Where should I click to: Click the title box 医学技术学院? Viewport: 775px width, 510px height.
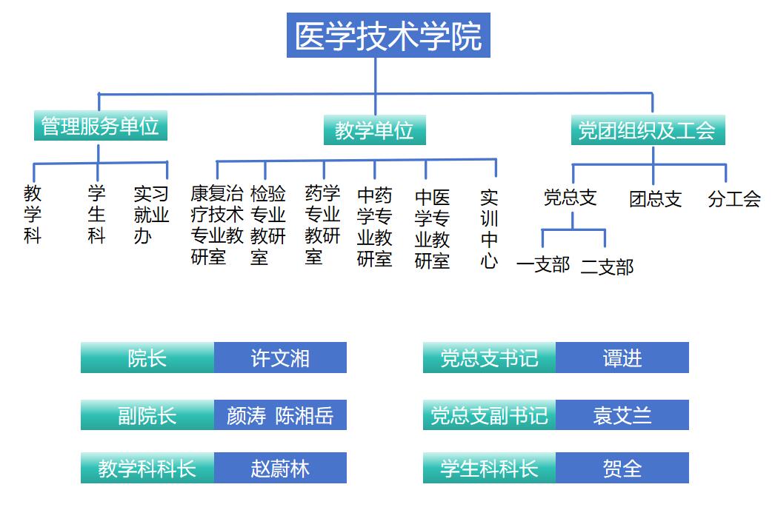coord(388,36)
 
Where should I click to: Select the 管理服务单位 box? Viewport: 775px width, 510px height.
coord(100,126)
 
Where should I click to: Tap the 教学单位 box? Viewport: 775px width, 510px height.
coord(375,131)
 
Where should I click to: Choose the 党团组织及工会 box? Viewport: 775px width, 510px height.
coord(647,131)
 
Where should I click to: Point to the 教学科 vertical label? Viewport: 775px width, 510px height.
coord(33,215)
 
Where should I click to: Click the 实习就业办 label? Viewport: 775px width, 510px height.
coord(151,215)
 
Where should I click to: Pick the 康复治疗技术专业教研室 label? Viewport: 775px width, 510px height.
coord(217,225)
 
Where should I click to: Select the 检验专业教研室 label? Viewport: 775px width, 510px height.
coord(267,225)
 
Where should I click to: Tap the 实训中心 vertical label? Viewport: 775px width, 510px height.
coord(489,229)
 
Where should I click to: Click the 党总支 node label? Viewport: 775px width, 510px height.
coord(570,198)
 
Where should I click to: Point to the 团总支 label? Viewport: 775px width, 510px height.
coord(655,199)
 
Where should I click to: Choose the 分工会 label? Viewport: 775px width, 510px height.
coord(734,199)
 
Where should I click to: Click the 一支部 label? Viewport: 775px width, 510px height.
coord(543,264)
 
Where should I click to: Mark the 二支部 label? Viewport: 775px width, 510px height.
coord(607,266)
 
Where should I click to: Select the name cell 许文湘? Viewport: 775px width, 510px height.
coord(280,358)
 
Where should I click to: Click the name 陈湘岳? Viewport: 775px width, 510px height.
coord(305,415)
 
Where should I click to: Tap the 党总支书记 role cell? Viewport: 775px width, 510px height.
coord(489,358)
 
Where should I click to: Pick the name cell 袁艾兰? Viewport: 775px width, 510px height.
coord(622,415)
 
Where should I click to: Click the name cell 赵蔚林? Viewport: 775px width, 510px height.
coord(280,469)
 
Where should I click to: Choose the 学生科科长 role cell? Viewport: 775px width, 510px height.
coord(489,469)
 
